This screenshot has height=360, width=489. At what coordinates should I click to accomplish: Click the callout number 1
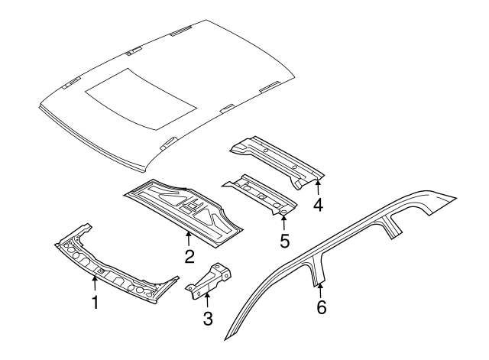(x=95, y=303)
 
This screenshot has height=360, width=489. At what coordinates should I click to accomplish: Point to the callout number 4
(x=318, y=204)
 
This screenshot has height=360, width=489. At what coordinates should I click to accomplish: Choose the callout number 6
(x=321, y=307)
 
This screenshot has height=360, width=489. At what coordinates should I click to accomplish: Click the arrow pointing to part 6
(x=320, y=290)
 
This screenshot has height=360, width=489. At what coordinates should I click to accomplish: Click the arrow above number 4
(x=318, y=188)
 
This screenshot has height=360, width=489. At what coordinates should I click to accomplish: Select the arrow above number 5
(x=283, y=222)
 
